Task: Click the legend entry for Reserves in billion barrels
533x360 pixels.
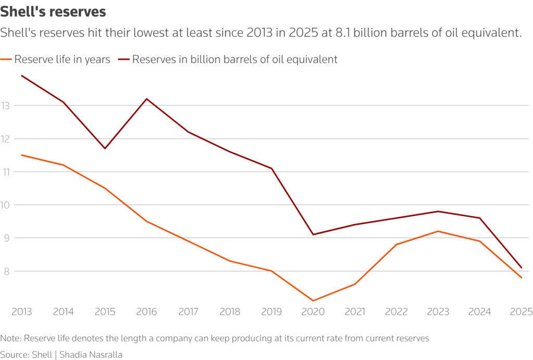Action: click(229, 59)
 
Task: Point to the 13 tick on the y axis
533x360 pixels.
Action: click(6, 106)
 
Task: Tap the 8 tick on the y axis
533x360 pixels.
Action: click(6, 271)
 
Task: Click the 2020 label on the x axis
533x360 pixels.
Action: click(313, 312)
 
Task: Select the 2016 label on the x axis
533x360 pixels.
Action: click(146, 312)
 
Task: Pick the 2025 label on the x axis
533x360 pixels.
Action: click(521, 312)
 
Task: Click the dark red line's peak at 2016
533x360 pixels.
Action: click(147, 99)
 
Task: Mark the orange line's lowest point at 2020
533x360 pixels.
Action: click(313, 301)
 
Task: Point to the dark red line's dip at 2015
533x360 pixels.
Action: click(105, 148)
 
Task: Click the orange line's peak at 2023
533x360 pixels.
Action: click(438, 231)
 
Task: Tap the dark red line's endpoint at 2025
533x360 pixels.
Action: click(521, 268)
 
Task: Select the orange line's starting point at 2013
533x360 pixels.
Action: click(22, 155)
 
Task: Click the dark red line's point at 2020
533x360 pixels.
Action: click(313, 234)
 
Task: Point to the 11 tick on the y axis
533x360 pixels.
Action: click(6, 172)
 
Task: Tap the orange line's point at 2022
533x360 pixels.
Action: click(397, 245)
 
